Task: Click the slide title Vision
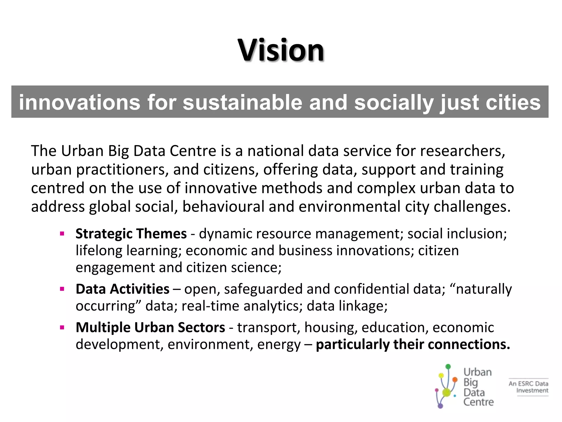281,50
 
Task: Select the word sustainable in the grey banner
242,102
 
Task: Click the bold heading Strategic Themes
131,234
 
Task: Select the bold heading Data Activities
122,289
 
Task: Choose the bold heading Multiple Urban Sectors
150,327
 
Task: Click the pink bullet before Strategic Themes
62,234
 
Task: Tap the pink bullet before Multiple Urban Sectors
62,328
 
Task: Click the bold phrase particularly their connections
413,345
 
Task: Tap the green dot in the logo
448,367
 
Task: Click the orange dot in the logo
455,380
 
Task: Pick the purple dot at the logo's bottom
440,406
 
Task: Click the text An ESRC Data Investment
528,387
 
